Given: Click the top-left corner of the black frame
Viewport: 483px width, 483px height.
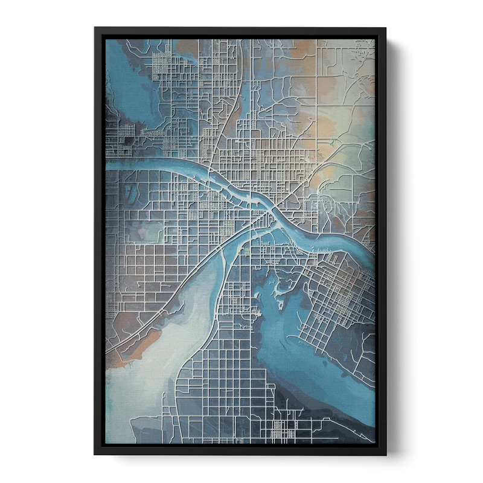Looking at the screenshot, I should pyautogui.click(x=94, y=27).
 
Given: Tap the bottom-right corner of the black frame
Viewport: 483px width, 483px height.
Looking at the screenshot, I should pyautogui.click(x=387, y=456).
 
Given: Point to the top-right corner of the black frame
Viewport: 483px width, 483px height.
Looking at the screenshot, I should pyautogui.click(x=387, y=27).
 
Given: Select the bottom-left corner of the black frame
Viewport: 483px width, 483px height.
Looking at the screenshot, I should pyautogui.click(x=94, y=456).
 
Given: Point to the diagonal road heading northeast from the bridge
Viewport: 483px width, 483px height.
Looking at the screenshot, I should pyautogui.click(x=308, y=175).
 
